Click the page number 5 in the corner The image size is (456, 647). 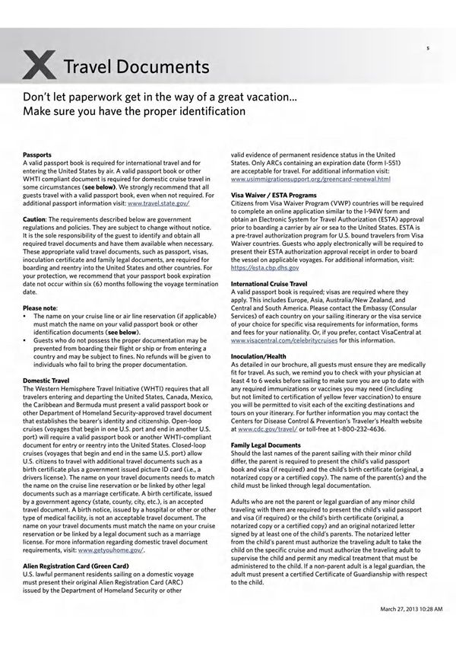[x=428, y=47]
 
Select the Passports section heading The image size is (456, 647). [x=38, y=154]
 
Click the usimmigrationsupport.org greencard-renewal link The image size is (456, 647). [x=310, y=179]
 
